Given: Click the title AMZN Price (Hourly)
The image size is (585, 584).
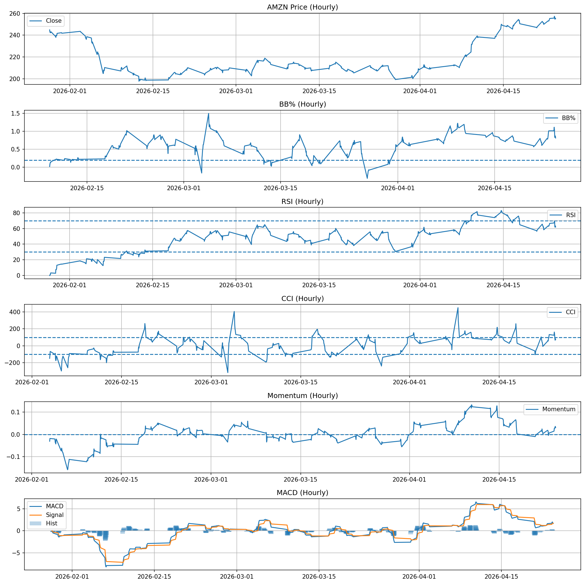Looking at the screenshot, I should tap(302, 7).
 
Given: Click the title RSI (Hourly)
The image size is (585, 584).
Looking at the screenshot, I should tap(302, 202).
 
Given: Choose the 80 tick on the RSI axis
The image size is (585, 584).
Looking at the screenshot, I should tap(16, 213).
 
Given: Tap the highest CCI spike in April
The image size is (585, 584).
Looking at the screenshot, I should tap(458, 308).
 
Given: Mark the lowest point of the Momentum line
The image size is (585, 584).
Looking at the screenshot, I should tap(68, 470).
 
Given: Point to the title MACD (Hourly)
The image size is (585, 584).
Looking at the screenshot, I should tap(302, 493).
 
